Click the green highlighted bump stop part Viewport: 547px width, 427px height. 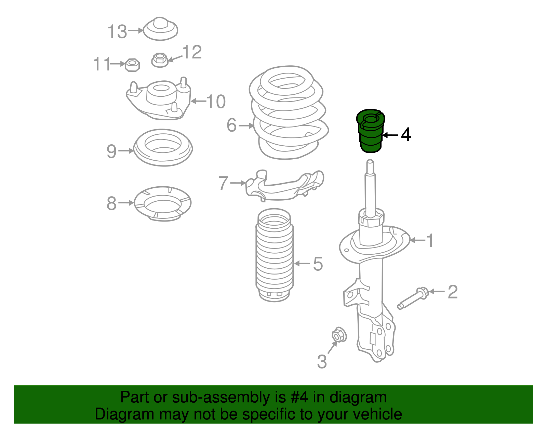(371, 131)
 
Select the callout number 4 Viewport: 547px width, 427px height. (406, 135)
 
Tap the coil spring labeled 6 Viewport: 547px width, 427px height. (289, 112)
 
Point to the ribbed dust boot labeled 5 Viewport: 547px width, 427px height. (275, 255)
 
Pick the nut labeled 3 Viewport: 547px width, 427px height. (339, 335)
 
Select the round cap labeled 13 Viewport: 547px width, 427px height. (160, 29)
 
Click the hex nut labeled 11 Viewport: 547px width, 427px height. (132, 65)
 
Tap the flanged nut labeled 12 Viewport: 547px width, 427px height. (160, 60)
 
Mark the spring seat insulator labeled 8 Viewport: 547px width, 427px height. (163, 203)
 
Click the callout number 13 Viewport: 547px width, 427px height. (117, 31)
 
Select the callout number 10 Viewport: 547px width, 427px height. (216, 102)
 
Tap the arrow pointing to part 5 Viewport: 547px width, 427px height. (302, 264)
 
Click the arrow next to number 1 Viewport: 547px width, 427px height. (418, 240)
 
